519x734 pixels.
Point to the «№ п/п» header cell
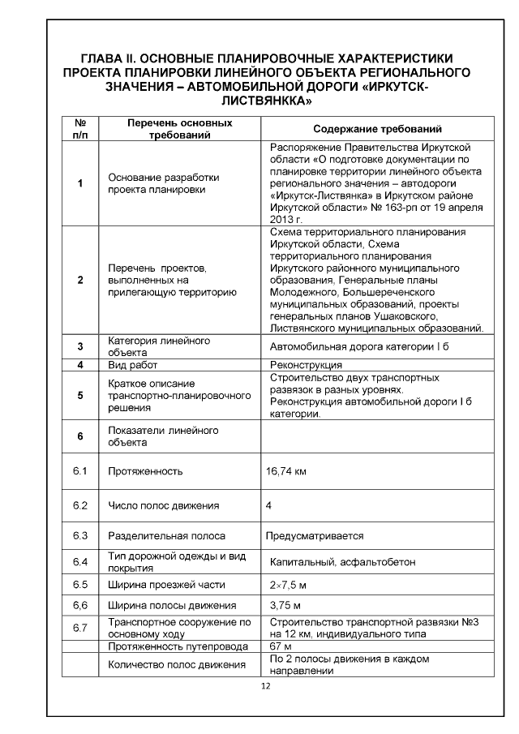tap(80, 129)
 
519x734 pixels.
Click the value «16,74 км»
tap(286, 471)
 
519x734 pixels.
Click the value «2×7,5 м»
tap(288, 584)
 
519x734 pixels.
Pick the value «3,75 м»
tap(285, 605)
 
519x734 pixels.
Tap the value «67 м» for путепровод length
tap(280, 646)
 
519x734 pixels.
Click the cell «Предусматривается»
tap(315, 536)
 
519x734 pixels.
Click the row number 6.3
tap(79, 536)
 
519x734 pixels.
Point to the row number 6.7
tap(79, 627)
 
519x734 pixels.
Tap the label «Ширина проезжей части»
tap(166, 584)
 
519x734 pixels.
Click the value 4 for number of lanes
tap(268, 506)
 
